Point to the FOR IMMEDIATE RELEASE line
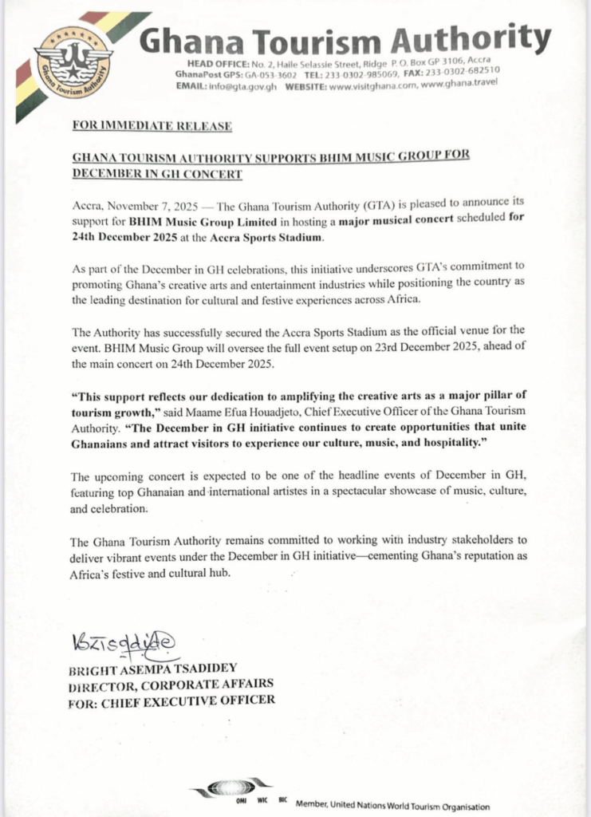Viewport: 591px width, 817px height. click(x=152, y=126)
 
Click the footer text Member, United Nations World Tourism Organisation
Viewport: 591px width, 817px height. click(x=392, y=806)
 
